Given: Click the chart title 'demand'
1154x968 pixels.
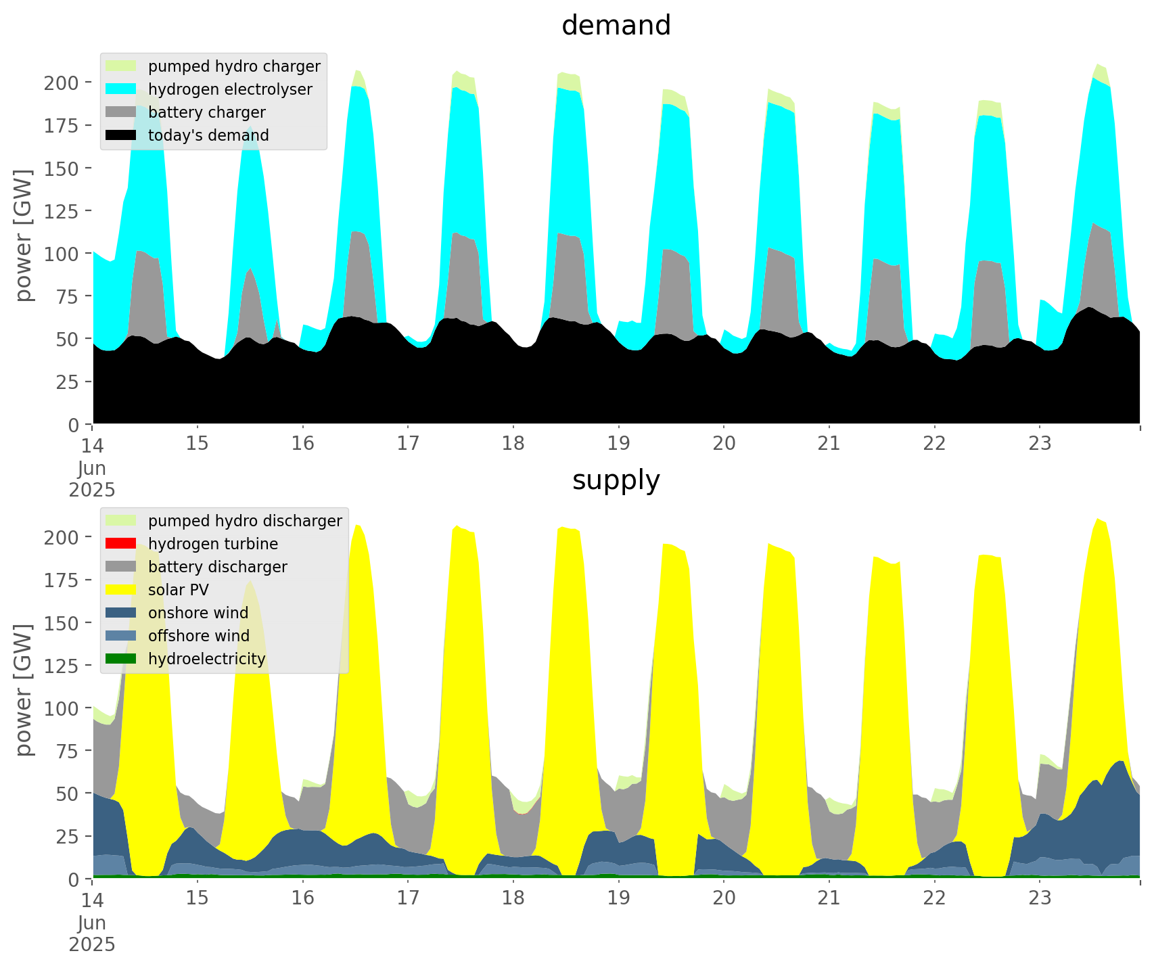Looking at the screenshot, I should (616, 26).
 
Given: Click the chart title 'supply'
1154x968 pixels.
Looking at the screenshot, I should (616, 480).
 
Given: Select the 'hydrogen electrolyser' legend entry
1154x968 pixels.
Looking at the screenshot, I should (230, 89).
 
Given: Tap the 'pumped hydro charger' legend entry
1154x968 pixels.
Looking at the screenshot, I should (234, 66).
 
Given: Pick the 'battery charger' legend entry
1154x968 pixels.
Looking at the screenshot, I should (206, 112).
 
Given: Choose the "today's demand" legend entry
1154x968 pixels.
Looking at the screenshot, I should (208, 135).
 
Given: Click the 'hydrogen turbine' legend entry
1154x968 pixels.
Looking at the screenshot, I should (212, 544).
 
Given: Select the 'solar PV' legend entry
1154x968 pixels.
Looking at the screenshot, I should (179, 590).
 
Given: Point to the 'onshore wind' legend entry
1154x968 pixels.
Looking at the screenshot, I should (198, 613).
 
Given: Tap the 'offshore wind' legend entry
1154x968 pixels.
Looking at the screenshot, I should (199, 636).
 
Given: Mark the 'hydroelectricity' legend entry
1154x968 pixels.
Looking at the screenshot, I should (206, 659).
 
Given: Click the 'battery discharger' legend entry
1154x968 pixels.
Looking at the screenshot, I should (217, 567).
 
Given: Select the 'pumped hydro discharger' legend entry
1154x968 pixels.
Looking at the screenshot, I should (245, 521).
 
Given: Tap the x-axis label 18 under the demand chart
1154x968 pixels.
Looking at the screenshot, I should (513, 444).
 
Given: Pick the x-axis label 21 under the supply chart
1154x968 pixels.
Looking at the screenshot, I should (829, 898).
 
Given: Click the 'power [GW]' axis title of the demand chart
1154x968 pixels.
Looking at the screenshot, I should (24, 235).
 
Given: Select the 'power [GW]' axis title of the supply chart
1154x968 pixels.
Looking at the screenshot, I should (24, 690).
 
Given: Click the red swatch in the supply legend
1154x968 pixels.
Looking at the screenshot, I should (121, 544).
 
